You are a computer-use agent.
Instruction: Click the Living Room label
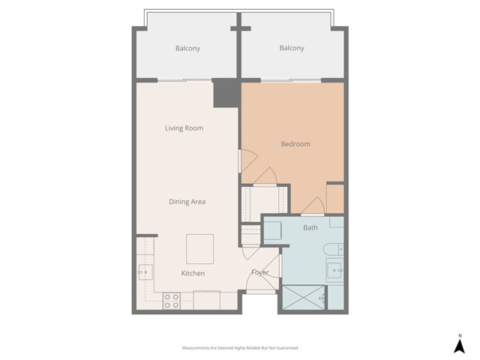pyautogui.click(x=184, y=128)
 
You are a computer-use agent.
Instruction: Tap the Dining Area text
pyautogui.click(x=187, y=201)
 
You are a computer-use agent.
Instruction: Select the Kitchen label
pyautogui.click(x=193, y=274)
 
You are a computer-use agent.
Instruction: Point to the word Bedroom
pyautogui.click(x=295, y=144)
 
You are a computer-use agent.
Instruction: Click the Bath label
pyautogui.click(x=310, y=227)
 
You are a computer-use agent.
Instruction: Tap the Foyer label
pyautogui.click(x=259, y=272)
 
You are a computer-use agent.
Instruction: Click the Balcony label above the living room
pyautogui.click(x=187, y=49)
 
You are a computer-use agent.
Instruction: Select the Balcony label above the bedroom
pyautogui.click(x=292, y=49)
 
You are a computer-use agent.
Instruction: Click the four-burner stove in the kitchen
pyautogui.click(x=172, y=301)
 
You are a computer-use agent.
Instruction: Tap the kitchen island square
pyautogui.click(x=199, y=248)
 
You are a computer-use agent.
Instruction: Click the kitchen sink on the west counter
pyautogui.click(x=144, y=271)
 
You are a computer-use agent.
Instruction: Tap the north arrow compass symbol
pyautogui.click(x=459, y=344)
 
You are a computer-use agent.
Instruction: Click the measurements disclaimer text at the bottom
pyautogui.click(x=240, y=348)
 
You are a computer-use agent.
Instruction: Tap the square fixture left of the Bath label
pyautogui.click(x=271, y=230)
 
